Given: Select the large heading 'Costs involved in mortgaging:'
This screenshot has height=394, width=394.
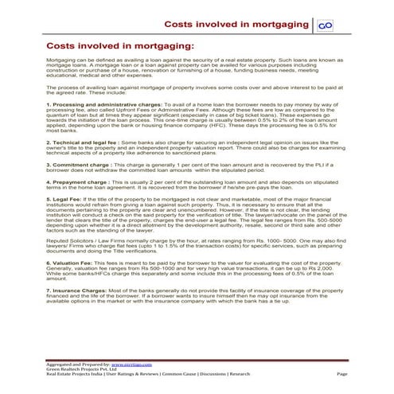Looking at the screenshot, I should [x=120, y=47].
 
